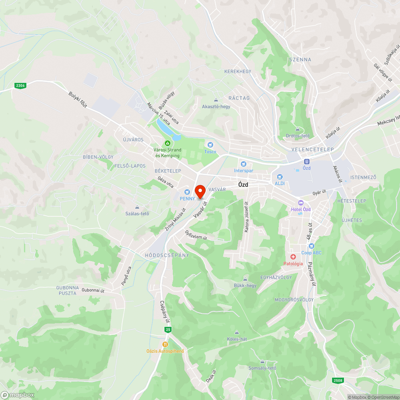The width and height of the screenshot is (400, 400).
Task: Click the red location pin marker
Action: [x=200, y=191]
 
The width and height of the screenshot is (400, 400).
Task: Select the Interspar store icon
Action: [x=243, y=164]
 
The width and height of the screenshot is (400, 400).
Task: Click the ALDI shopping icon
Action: [x=280, y=176]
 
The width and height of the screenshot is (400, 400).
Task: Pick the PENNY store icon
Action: [x=187, y=192]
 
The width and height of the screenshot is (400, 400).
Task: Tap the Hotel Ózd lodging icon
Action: [x=301, y=203]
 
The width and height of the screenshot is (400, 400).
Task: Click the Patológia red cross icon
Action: [x=293, y=256]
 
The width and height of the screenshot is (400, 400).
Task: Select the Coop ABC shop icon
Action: [x=311, y=246]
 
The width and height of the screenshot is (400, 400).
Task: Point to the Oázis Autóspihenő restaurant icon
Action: [x=165, y=344]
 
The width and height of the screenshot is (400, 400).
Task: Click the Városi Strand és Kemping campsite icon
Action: [x=168, y=143]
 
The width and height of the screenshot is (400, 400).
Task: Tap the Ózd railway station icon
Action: [x=307, y=161]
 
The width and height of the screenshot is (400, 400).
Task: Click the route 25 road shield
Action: [x=168, y=329]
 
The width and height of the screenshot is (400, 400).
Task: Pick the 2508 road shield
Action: [x=338, y=380]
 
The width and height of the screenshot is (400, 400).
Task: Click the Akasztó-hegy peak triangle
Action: [x=216, y=100]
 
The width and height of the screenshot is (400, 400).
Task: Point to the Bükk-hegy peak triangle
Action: [x=245, y=279]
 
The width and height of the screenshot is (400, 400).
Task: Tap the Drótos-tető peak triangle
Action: [x=298, y=129]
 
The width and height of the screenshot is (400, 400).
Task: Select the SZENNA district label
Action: [x=300, y=60]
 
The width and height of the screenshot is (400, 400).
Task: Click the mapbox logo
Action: [x=18, y=395]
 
